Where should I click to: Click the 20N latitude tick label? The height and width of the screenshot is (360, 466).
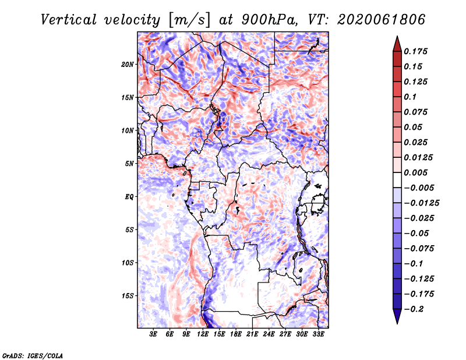coord(128,65)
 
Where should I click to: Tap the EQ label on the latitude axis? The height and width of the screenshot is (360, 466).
coord(129,197)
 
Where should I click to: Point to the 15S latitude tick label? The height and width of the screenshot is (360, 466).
coord(128,296)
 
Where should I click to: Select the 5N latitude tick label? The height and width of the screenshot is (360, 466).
coord(129,164)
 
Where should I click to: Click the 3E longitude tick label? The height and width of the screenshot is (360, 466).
coord(153,334)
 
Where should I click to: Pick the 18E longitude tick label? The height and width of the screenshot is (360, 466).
coord(235,334)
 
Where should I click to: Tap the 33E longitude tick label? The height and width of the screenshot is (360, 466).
coord(318,334)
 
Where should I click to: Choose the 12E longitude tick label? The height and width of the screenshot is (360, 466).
coord(202,334)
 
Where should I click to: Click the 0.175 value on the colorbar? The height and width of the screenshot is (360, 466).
coord(415,51)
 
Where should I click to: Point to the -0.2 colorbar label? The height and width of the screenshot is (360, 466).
coord(414,309)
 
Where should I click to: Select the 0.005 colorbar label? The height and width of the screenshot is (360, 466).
coord(415,172)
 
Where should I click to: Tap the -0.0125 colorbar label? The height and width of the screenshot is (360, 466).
coord(421,203)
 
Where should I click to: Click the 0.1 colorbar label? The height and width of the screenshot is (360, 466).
coord(410,97)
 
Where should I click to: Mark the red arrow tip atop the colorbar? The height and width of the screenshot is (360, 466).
coord(397,36)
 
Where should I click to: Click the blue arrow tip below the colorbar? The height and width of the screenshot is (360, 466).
coord(397,323)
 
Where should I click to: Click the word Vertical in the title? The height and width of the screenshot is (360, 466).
coord(69,20)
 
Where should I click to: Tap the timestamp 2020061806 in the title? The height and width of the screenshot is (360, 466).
coord(382,20)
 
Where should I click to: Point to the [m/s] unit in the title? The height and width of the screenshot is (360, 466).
coord(190,20)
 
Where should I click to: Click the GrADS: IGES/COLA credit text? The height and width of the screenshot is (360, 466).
coord(33,356)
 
